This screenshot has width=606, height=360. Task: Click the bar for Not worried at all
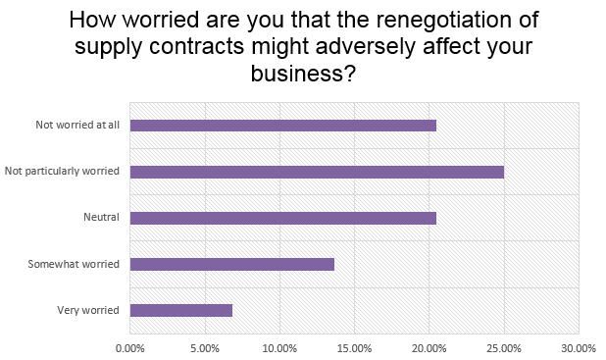pyautogui.click(x=282, y=126)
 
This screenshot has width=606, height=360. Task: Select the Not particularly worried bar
pyautogui.click(x=317, y=172)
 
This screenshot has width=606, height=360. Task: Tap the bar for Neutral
pyautogui.click(x=282, y=218)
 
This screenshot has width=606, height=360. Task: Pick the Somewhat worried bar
pyautogui.click(x=231, y=264)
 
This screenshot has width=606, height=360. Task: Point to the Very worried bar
pyautogui.click(x=180, y=310)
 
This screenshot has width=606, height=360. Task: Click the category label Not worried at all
pyautogui.click(x=77, y=126)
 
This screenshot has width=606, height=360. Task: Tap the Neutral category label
pyautogui.click(x=102, y=218)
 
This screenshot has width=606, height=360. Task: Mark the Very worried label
pyautogui.click(x=89, y=310)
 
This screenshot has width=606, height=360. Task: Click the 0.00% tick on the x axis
pyautogui.click(x=129, y=347)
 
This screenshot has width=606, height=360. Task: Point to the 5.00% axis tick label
pyautogui.click(x=204, y=347)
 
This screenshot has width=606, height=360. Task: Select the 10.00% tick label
pyautogui.click(x=279, y=347)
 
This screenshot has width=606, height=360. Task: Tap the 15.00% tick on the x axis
pyautogui.click(x=354, y=347)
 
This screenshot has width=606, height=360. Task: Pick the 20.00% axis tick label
pyautogui.click(x=429, y=347)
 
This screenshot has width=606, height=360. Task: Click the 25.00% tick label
pyautogui.click(x=504, y=347)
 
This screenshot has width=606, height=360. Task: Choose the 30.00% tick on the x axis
pyautogui.click(x=579, y=347)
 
